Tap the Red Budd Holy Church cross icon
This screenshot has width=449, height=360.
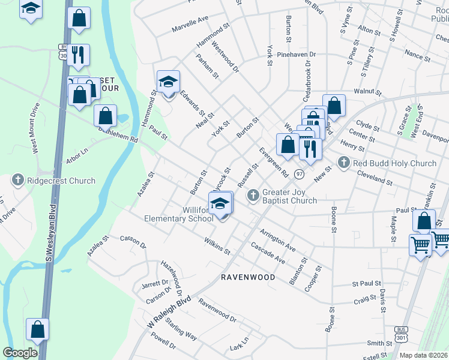coord(343,162)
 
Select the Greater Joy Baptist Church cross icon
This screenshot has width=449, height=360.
coord(253,194)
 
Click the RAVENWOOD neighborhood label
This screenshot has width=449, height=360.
coord(248,277)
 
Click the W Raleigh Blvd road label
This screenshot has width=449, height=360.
coord(170,313)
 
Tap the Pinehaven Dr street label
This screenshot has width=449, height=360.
coord(297,54)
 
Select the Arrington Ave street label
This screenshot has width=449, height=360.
coord(277,239)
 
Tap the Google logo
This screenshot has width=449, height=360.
coord(20,352)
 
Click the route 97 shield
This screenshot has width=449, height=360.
coord(300,173)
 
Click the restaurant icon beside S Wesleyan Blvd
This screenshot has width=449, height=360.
coord(78,55)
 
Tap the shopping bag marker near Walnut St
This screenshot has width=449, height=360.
coord(334,106)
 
